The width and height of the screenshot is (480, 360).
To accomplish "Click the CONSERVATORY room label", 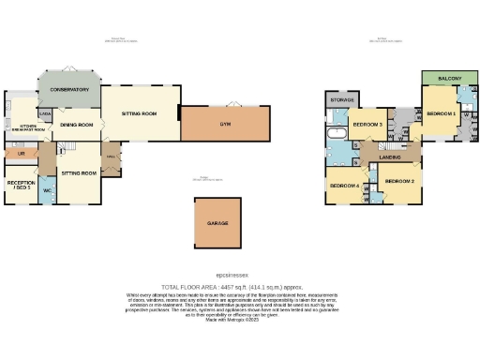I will tap(69, 89).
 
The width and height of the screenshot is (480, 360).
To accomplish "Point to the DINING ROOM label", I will tap(77, 124).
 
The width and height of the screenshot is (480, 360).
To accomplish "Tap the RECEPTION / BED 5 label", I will tap(21, 186).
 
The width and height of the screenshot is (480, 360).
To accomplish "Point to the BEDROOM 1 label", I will tap(441, 113).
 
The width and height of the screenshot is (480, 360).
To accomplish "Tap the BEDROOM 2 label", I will tap(400, 180).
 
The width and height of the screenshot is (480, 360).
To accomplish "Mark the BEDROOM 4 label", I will tap(344, 186).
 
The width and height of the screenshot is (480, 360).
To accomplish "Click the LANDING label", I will tap(390, 157).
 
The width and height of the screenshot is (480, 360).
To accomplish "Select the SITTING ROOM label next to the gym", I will tap(140, 112).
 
